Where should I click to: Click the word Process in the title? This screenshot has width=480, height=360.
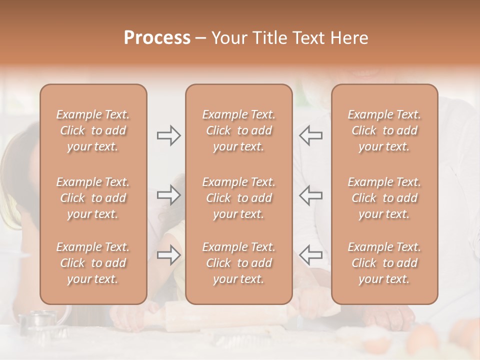(157, 38)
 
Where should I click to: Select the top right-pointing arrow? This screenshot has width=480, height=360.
(169, 135)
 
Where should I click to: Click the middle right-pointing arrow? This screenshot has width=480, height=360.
(169, 195)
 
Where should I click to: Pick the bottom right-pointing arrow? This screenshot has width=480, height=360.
(169, 255)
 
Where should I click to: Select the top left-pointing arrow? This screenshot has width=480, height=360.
(310, 135)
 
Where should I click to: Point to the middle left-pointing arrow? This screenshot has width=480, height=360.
(310, 195)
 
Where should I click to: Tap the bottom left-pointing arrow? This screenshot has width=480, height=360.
(310, 255)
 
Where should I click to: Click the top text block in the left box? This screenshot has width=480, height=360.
(93, 130)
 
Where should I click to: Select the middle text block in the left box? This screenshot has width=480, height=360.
(93, 198)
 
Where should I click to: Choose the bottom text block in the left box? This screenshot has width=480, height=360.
(93, 263)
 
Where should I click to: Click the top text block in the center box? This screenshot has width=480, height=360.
(238, 130)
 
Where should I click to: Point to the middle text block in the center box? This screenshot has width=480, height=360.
(238, 198)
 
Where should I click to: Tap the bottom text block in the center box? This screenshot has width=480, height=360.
(238, 263)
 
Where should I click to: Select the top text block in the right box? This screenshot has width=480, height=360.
(384, 130)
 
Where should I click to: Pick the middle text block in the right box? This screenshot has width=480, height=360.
(384, 198)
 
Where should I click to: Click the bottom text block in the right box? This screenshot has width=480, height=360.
(384, 263)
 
